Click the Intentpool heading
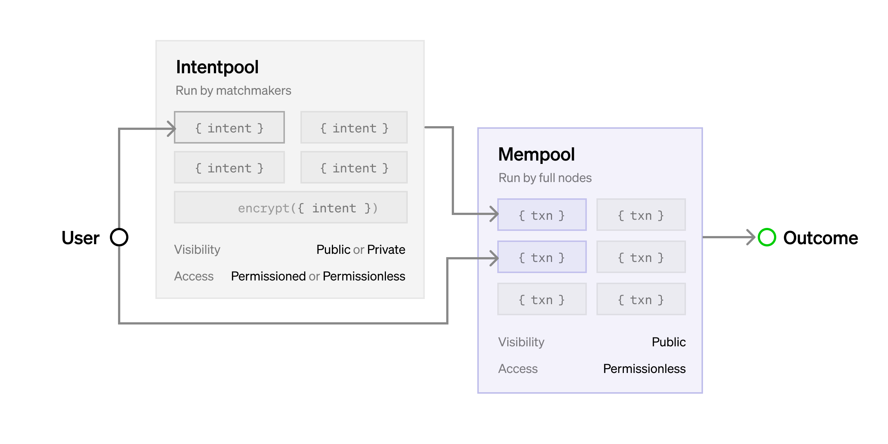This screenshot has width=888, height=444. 217,67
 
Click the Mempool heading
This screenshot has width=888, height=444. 536,155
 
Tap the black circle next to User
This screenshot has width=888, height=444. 119,237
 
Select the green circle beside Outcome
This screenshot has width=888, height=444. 767,237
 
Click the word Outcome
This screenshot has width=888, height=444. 820,238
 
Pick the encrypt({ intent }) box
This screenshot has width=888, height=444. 291,208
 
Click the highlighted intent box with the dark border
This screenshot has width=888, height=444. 229,128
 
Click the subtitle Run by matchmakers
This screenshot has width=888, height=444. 233,91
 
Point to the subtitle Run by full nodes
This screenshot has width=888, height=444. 545,178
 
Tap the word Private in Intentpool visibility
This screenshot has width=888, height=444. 386,250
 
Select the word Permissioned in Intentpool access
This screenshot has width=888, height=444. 268,276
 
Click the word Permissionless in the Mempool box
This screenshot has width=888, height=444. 644,369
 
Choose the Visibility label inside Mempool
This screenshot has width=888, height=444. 521,342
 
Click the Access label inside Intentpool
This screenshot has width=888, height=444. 194,276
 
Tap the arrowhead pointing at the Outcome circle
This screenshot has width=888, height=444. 751,237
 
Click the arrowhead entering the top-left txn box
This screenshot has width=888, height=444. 495,214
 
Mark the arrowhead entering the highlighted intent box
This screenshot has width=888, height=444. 172,129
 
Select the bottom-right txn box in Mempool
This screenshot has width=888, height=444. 641,299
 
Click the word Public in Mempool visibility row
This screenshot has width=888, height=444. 668,342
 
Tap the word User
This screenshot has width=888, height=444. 80,238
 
